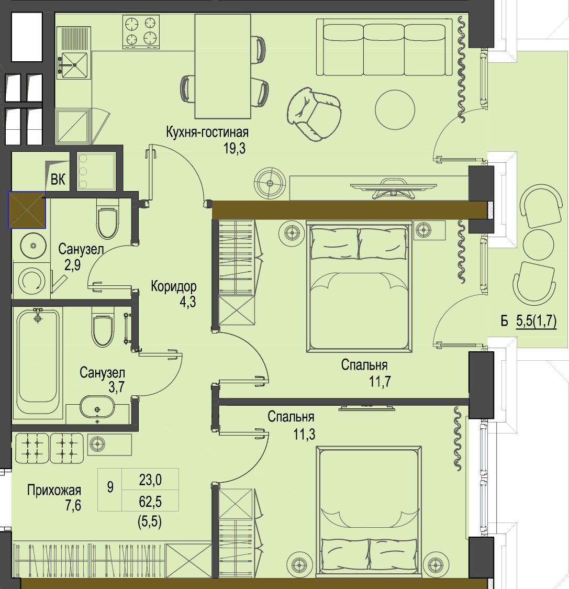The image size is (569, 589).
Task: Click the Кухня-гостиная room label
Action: pos(207,132)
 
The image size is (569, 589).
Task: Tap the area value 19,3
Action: pos(235,148)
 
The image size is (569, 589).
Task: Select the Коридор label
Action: pos(173,286)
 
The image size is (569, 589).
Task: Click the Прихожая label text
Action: pos(54,490)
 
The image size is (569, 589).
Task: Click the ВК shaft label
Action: pos(58,180)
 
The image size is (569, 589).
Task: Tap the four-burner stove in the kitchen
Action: pos(141,32)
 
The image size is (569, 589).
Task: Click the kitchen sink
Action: pos(74,65)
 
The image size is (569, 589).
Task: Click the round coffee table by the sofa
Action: pos(395,110)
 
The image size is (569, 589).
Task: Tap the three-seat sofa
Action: pos(385,47)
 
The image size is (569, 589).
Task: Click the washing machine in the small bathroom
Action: pos(31,281)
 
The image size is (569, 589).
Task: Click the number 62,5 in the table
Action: pos(150,502)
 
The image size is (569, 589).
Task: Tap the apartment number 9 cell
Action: pos(110,487)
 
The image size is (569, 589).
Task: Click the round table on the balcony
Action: pos(538,245)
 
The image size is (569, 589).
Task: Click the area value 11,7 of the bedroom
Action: pos(380,381)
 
